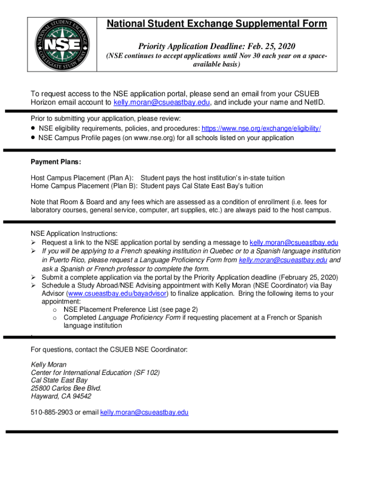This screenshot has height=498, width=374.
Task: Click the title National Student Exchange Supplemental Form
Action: (217, 24)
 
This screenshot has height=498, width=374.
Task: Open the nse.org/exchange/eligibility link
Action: (261, 128)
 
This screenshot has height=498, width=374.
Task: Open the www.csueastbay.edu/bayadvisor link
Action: (119, 294)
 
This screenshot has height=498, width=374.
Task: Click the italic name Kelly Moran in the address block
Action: (49, 365)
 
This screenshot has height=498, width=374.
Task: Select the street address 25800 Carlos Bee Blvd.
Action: (66, 388)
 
